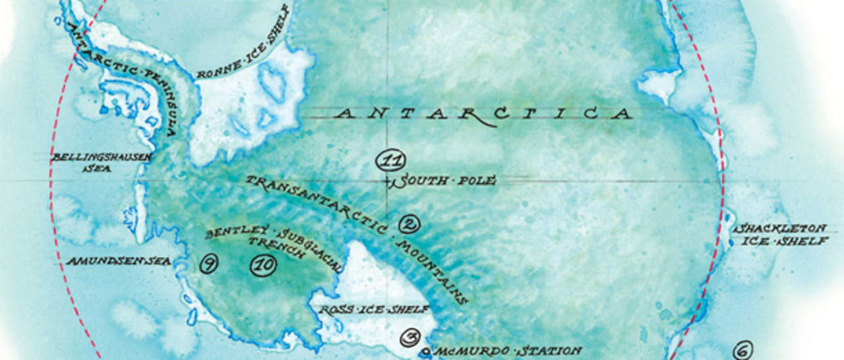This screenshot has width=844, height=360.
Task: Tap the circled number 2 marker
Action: [409, 224]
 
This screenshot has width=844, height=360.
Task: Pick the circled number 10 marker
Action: [262, 266]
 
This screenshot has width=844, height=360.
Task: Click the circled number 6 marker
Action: [742, 351]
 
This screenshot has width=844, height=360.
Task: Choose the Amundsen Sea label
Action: [119, 261]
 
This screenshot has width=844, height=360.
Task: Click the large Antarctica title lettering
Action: [483, 114]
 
